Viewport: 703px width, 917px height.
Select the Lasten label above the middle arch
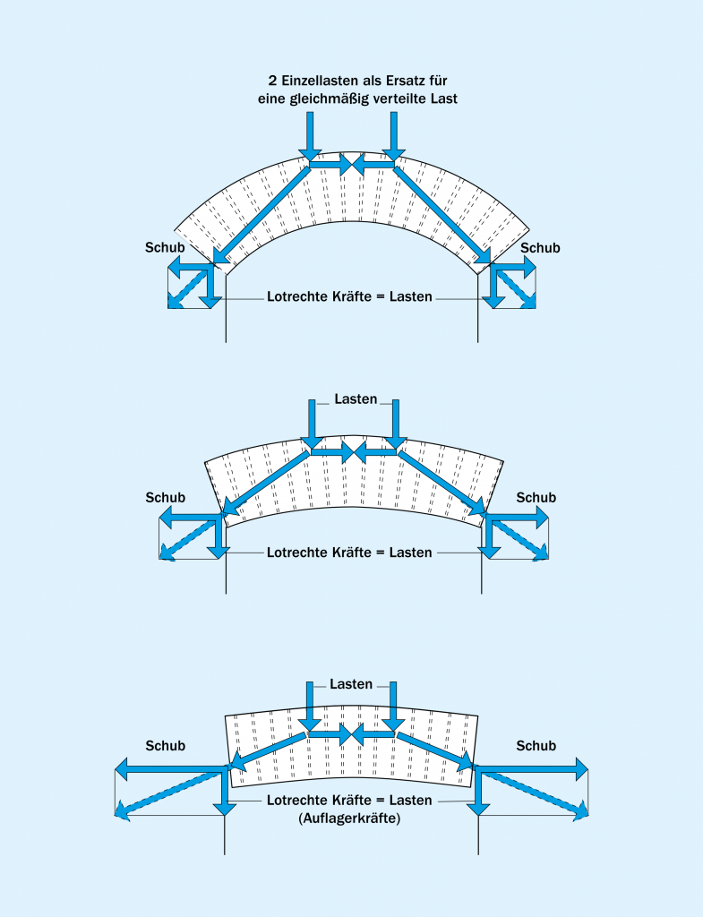coord(355,398)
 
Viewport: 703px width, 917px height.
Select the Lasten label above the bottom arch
coord(351,684)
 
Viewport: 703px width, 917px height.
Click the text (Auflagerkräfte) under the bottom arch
coord(350,818)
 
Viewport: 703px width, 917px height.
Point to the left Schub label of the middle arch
coord(165,498)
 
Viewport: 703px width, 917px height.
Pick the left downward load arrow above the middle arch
coord(312,424)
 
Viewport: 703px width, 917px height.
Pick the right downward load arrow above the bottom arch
coord(391,706)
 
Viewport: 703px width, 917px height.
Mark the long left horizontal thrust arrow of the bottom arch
coord(170,767)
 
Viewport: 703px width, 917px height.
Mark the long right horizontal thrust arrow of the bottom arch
coord(530,767)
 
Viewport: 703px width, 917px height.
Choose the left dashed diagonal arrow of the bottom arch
coord(170,792)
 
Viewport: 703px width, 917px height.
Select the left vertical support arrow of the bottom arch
coord(224,791)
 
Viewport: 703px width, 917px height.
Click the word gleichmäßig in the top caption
coord(333,99)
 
